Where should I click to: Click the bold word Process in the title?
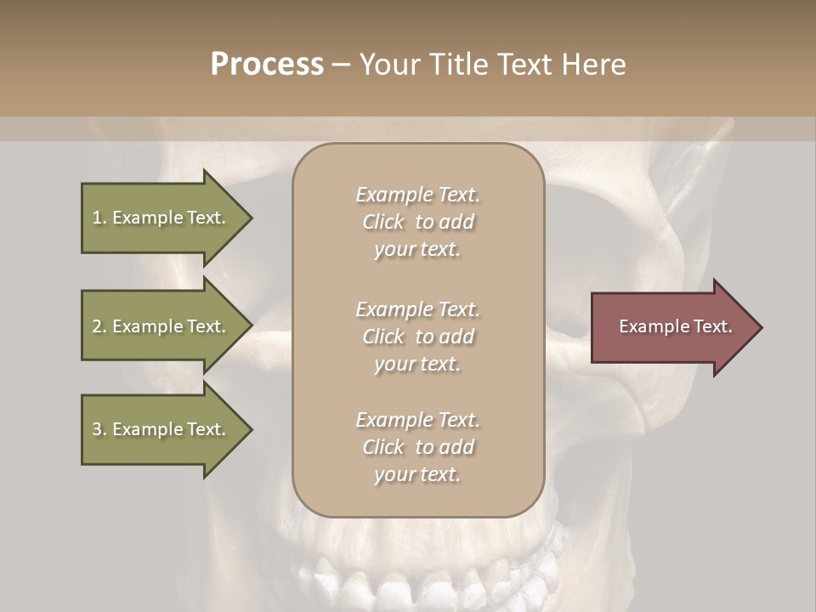click(267, 65)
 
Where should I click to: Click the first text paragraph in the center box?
click(417, 222)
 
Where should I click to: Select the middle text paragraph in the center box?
click(417, 337)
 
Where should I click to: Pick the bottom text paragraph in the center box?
click(417, 447)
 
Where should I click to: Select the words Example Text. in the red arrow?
click(676, 326)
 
